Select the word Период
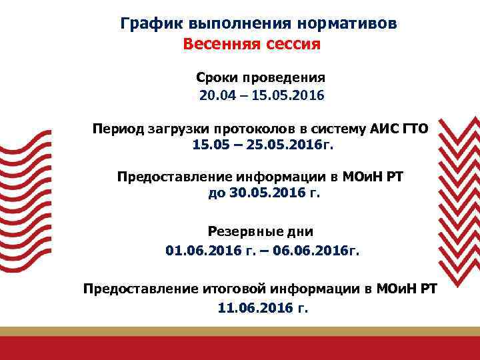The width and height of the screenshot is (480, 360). coord(116,127)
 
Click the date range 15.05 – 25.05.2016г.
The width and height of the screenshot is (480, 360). coord(261,145)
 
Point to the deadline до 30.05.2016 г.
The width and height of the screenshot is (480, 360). coord(264,194)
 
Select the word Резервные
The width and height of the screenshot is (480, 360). coord(241,231)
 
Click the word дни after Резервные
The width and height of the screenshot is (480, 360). coord(297,231)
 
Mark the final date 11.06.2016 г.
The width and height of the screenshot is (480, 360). coord(263,308)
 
